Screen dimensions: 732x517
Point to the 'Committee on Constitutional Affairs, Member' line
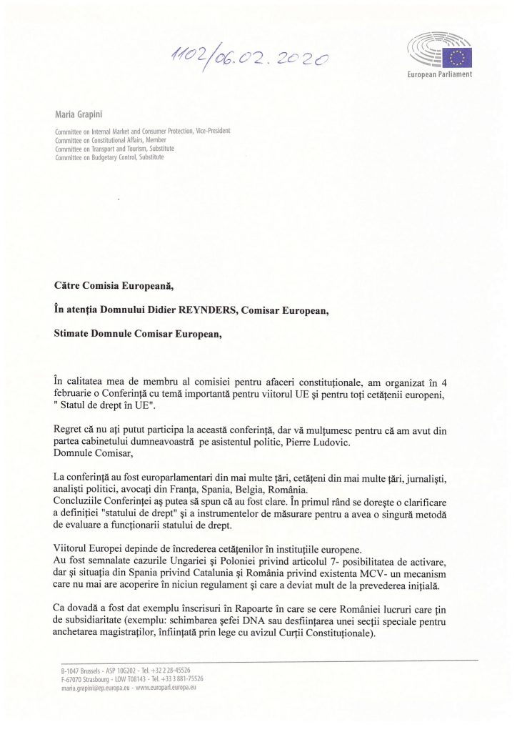click(x=110, y=140)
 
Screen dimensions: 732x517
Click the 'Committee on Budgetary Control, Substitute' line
click(x=109, y=157)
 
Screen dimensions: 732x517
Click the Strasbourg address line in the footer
click(x=132, y=678)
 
